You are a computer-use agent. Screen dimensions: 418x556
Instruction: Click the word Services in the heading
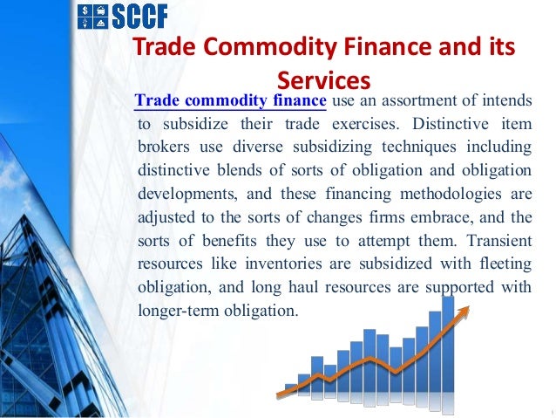point(323,81)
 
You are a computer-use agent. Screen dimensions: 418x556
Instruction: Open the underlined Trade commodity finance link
point(231,102)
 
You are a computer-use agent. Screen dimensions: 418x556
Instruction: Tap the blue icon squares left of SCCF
point(89,15)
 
